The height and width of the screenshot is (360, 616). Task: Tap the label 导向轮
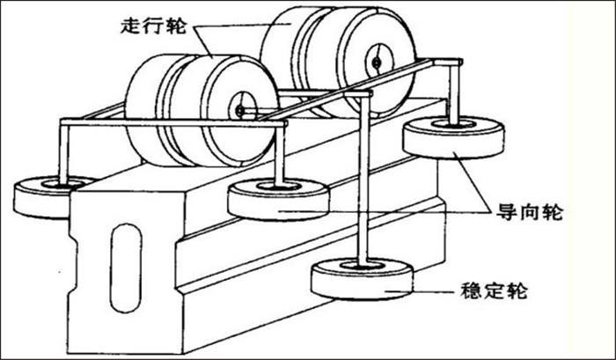click(x=530, y=213)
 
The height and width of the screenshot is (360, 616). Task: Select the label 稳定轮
click(x=494, y=291)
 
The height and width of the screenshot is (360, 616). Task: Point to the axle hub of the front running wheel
click(x=239, y=111)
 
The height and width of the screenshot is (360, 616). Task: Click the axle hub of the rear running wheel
click(x=377, y=62)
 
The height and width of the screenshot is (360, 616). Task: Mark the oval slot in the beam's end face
click(x=126, y=268)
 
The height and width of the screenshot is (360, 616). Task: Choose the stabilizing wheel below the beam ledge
click(x=362, y=278)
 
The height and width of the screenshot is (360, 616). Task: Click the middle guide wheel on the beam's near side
click(x=279, y=200)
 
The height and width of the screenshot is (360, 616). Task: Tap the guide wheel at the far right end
click(x=454, y=137)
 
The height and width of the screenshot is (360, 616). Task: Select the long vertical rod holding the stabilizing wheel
click(x=363, y=180)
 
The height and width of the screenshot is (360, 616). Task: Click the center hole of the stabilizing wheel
click(x=362, y=266)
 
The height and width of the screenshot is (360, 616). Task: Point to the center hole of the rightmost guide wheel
click(x=454, y=125)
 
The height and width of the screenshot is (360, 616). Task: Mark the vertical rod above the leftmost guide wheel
click(x=63, y=152)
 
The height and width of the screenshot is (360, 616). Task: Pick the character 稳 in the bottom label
click(x=470, y=291)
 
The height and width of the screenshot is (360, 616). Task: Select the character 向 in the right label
click(x=529, y=213)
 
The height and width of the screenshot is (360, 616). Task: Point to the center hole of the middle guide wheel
click(x=279, y=187)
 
